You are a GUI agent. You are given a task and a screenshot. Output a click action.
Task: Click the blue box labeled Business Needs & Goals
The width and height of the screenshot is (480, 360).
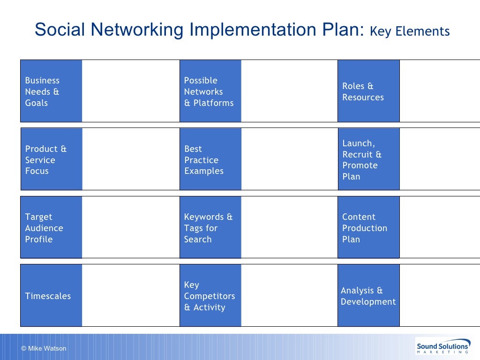51,91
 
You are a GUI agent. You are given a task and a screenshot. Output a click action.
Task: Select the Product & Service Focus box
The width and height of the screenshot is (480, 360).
51,159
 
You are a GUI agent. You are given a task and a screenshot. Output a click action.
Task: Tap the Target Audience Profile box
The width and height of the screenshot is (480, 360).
51,227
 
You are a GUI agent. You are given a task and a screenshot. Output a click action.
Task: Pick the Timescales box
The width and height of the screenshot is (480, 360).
51,295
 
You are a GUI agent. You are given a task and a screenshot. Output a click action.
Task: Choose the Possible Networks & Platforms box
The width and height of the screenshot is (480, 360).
210,91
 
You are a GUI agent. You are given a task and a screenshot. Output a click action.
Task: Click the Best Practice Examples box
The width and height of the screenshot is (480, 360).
210,159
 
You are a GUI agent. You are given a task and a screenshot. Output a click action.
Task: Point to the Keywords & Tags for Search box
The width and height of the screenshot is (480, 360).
210,227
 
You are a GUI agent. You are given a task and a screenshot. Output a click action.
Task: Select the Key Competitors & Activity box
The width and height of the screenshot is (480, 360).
210,295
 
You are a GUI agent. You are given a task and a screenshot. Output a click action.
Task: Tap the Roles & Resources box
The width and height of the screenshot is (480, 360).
368,91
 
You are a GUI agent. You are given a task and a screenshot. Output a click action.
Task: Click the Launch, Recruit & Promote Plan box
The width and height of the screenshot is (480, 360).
368,159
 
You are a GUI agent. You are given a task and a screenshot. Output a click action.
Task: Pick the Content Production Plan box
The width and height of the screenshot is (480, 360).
368,227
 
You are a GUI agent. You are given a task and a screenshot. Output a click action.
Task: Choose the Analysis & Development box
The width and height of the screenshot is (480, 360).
368,295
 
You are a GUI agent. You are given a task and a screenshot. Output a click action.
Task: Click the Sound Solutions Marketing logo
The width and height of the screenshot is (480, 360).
443,347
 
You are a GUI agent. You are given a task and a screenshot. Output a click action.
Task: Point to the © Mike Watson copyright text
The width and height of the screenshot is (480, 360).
44,348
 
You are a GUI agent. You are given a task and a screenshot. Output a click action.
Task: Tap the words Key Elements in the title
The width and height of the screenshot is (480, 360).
410,31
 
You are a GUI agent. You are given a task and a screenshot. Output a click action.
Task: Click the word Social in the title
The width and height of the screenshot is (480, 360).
60,30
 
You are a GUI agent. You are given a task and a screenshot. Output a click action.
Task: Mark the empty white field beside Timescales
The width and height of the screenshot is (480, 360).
130,295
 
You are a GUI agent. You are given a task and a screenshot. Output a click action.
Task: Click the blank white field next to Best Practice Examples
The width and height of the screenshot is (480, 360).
289,159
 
